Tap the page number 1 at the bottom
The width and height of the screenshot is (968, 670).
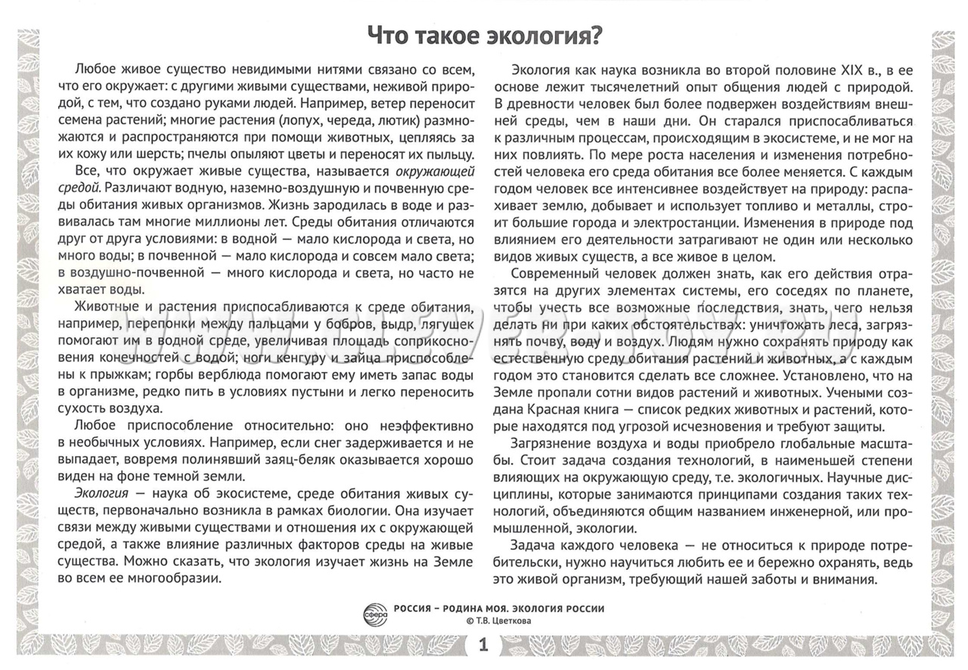(484, 646)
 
